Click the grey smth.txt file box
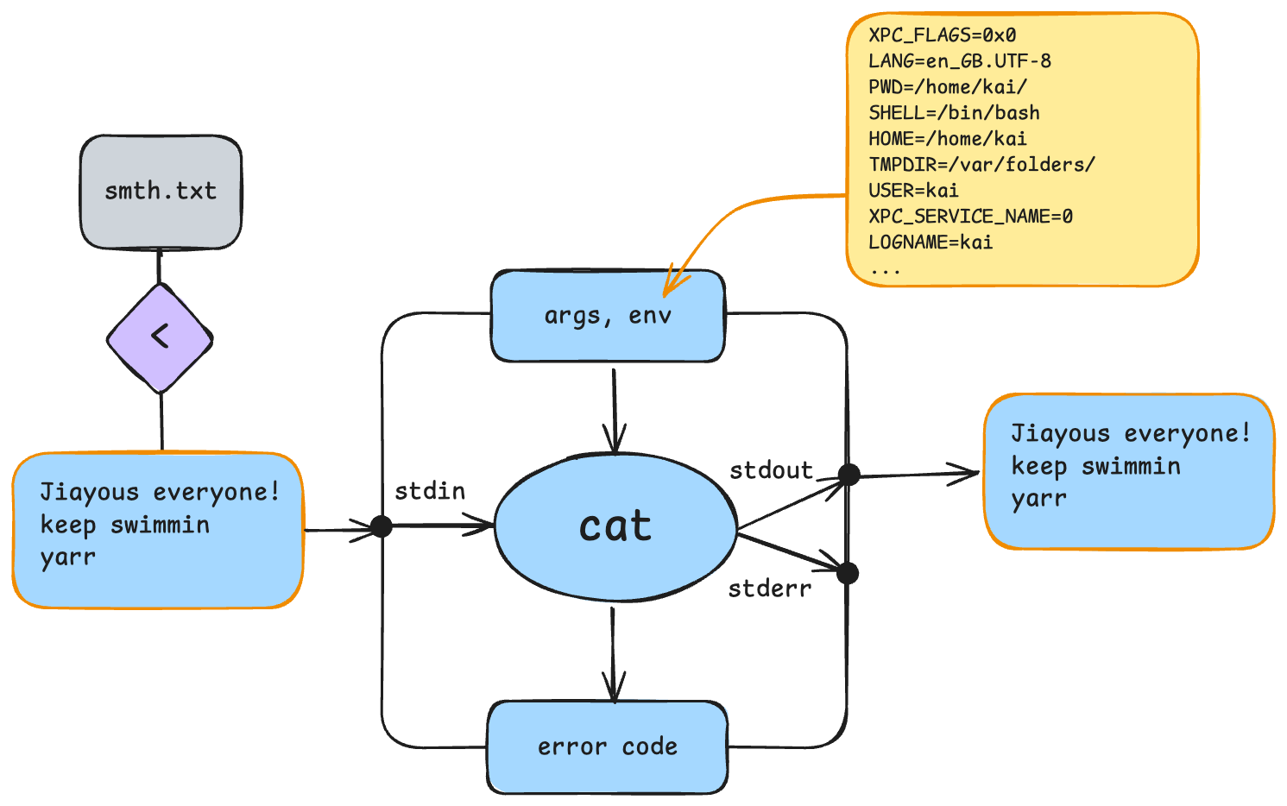(x=161, y=192)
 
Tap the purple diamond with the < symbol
(x=160, y=337)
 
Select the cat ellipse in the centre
(x=615, y=526)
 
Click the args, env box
(x=608, y=316)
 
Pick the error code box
(x=608, y=746)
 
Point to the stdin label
(x=430, y=492)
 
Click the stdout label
(x=771, y=471)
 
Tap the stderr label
(x=769, y=589)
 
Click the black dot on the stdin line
(x=381, y=526)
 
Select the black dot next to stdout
(x=849, y=474)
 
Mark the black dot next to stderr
(x=848, y=573)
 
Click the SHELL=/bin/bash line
(x=954, y=113)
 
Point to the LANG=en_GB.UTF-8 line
(x=959, y=61)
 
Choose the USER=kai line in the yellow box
(x=913, y=191)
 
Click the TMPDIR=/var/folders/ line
(x=981, y=165)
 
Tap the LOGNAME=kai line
(x=931, y=242)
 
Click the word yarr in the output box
(x=1038, y=500)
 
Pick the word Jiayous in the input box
(x=89, y=493)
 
